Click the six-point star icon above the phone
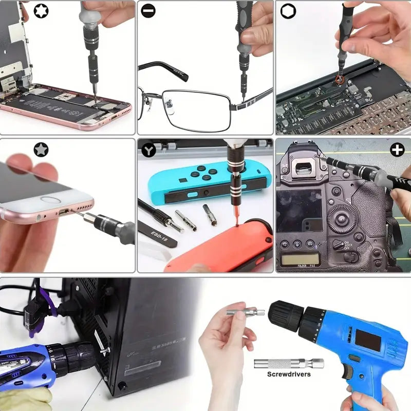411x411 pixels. tap(41, 11)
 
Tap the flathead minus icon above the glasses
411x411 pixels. tap(148, 11)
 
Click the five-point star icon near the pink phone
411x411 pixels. tap(41, 150)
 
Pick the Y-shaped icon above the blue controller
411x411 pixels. tap(148, 150)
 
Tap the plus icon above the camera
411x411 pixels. tap(397, 150)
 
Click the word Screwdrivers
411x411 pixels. tap(289, 374)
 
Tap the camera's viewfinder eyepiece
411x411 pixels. tap(304, 168)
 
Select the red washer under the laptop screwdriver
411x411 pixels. tap(339, 80)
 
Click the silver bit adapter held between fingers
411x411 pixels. tap(245, 312)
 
